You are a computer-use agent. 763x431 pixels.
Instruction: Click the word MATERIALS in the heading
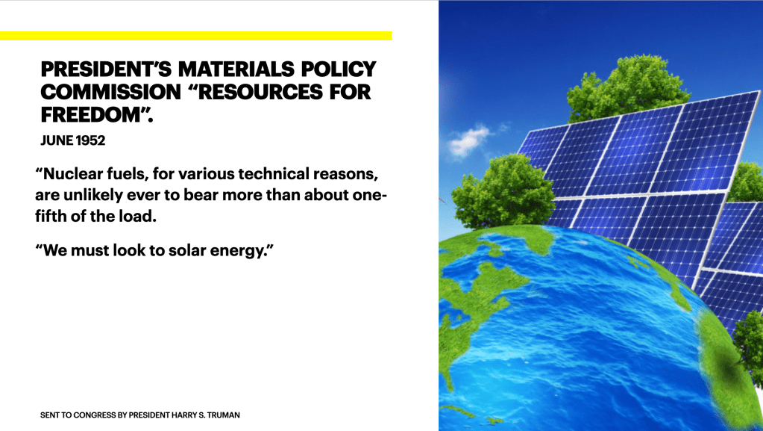[x=236, y=69]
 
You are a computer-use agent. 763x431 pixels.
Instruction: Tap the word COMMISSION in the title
[x=111, y=92]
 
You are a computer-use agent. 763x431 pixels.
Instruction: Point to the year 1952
[x=90, y=140]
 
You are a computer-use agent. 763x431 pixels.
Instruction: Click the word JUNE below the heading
[x=57, y=140]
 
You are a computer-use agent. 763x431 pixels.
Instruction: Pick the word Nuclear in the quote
[x=72, y=174]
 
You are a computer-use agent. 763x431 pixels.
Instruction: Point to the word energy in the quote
[x=236, y=252]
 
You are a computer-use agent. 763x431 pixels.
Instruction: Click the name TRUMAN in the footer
[x=223, y=415]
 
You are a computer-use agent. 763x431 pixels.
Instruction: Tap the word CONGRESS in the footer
[x=95, y=415]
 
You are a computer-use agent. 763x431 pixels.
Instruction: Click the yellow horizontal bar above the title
[x=195, y=36]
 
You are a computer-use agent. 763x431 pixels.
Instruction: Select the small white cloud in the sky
[x=468, y=140]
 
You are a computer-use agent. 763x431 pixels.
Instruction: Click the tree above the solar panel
[x=628, y=87]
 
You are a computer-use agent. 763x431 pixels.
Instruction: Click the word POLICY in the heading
[x=339, y=69]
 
